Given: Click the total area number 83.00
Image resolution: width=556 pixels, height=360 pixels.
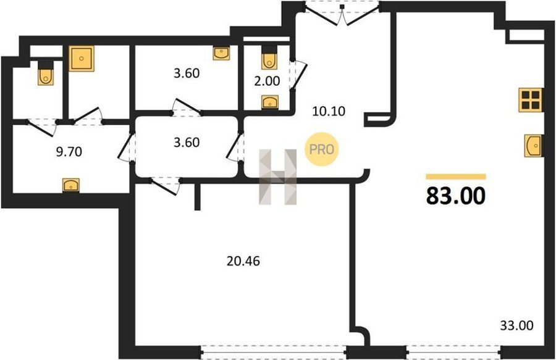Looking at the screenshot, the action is click(x=456, y=196).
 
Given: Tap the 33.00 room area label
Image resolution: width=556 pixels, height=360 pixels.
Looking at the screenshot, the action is click(x=516, y=325).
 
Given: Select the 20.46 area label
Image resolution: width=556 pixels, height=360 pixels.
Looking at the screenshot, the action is click(x=243, y=261).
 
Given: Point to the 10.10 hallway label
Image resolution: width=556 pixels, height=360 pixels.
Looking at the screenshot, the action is click(x=329, y=111).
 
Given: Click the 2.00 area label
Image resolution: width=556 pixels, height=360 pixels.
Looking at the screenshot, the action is click(x=267, y=81).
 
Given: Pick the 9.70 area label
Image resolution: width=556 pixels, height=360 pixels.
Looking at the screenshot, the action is click(x=69, y=152).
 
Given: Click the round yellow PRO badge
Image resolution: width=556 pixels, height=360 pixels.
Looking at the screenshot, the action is click(x=322, y=149).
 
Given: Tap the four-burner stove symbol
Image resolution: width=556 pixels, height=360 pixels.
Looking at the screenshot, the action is click(x=531, y=100).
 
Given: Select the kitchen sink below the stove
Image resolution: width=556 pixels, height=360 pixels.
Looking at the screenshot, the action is click(x=533, y=145).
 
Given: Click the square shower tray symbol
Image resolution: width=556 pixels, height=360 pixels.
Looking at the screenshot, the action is click(x=82, y=59).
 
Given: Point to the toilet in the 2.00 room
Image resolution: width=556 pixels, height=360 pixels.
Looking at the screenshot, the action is click(x=269, y=58).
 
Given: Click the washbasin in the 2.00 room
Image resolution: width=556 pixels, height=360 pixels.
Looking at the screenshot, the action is click(x=270, y=102).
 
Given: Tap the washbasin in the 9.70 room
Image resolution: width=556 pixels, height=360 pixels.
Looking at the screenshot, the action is click(x=71, y=185).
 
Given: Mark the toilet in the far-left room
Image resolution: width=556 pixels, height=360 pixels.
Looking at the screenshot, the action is click(x=46, y=73).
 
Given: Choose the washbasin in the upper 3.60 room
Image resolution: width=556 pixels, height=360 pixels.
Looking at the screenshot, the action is click(x=221, y=53).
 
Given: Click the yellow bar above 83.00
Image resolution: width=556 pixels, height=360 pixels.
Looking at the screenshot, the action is click(x=456, y=177).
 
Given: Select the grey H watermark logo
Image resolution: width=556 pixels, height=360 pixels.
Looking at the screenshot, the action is click(x=277, y=177).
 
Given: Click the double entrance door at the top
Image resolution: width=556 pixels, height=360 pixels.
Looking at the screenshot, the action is click(x=342, y=14).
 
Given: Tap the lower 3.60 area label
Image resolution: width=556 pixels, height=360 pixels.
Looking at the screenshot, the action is click(x=187, y=142).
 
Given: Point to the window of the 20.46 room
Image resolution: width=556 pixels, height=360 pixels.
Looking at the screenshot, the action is click(x=274, y=352).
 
